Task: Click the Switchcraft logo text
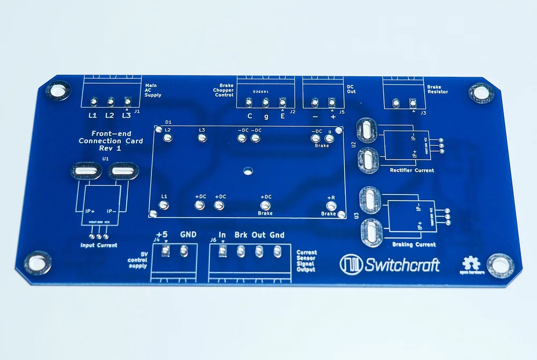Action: pyautogui.click(x=402, y=264)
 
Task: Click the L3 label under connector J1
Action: pyautogui.click(x=126, y=116)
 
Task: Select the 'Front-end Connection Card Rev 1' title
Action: pyautogui.click(x=111, y=141)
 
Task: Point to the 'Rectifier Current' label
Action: pyautogui.click(x=412, y=170)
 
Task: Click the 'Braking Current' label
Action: pyautogui.click(x=414, y=244)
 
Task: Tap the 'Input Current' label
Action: pyautogui.click(x=98, y=246)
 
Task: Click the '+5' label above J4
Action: pyautogui.click(x=162, y=235)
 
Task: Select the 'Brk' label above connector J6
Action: pyautogui.click(x=241, y=235)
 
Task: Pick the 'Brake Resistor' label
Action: pyautogui.click(x=438, y=89)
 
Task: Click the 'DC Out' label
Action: pyautogui.click(x=351, y=89)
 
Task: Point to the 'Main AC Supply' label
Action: pyautogui.click(x=153, y=90)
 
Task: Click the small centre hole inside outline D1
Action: pyautogui.click(x=248, y=171)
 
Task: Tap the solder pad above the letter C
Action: pyautogui.click(x=249, y=102)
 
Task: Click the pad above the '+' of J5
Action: pyautogui.click(x=332, y=102)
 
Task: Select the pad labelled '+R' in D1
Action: pyautogui.click(x=331, y=205)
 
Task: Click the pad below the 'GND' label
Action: pyautogui.click(x=184, y=250)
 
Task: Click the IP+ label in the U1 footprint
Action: pyautogui.click(x=90, y=211)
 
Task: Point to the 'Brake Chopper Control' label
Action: pyautogui.click(x=223, y=90)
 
